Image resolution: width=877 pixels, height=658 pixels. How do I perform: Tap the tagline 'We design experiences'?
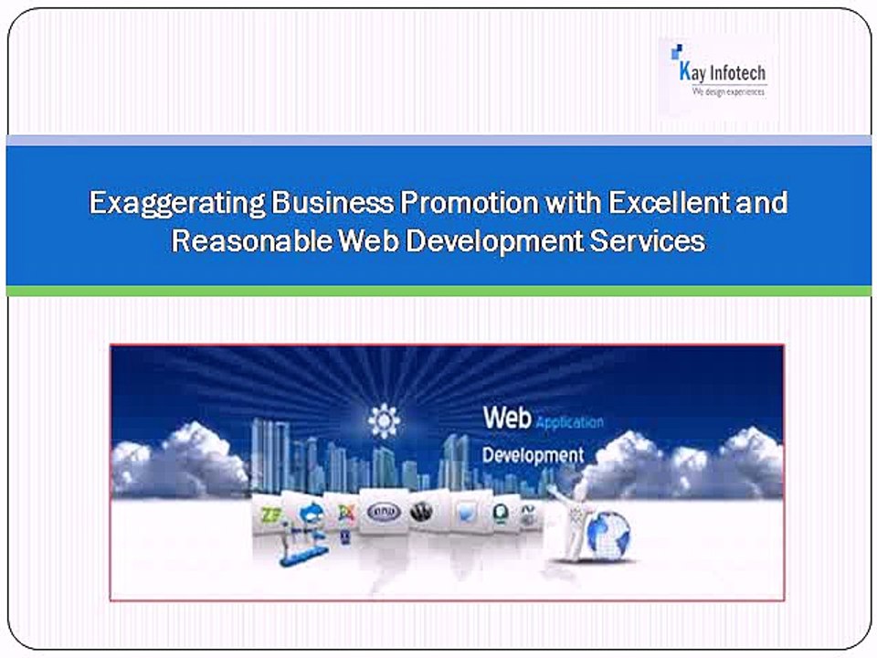(728, 92)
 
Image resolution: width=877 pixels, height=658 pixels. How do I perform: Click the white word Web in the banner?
(507, 419)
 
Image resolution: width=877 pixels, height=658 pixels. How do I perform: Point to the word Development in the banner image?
(533, 454)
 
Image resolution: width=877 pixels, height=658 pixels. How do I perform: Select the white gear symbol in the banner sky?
(385, 420)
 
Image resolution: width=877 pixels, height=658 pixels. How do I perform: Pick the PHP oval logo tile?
(384, 512)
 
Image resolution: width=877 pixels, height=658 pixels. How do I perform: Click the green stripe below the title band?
(438, 291)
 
